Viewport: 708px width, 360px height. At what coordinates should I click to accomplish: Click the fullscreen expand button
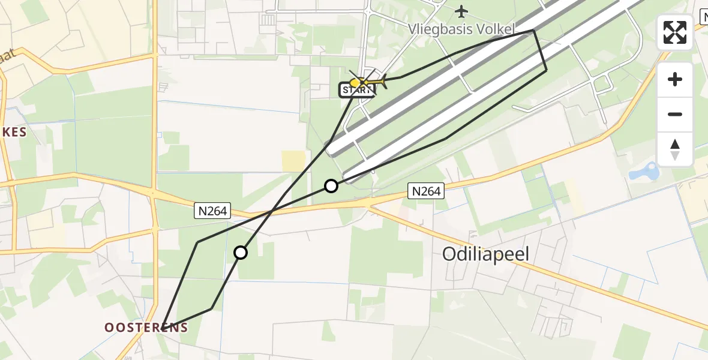pyautogui.click(x=675, y=32)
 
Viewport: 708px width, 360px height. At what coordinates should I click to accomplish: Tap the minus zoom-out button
pyautogui.click(x=675, y=114)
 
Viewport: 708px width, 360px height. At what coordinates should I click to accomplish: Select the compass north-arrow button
pyautogui.click(x=675, y=148)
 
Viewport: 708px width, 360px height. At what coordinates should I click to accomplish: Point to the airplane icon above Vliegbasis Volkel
pyautogui.click(x=461, y=11)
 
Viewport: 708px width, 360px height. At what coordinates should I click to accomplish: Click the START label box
pyautogui.click(x=357, y=91)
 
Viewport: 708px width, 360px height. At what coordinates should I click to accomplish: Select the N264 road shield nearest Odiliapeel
pyautogui.click(x=426, y=191)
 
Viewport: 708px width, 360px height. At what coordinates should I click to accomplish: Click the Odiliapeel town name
pyautogui.click(x=486, y=254)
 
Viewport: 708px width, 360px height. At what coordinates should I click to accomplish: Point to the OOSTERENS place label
pyautogui.click(x=146, y=328)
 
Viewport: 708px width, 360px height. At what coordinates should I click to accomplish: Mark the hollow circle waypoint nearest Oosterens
pyautogui.click(x=241, y=253)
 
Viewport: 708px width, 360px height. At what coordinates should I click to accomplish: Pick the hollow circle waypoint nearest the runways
pyautogui.click(x=331, y=186)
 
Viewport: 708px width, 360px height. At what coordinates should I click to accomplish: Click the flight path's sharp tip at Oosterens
pyautogui.click(x=163, y=324)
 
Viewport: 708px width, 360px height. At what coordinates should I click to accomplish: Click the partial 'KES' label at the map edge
pyautogui.click(x=13, y=133)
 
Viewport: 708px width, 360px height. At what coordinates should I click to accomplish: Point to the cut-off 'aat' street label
pyautogui.click(x=8, y=57)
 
